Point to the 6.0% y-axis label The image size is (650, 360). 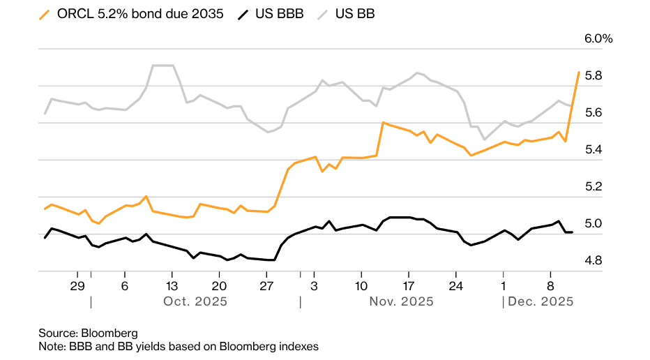coord(598,39)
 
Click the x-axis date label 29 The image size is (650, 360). coord(77,286)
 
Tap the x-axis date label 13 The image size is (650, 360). coord(172,286)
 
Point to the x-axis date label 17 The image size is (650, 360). coord(409,286)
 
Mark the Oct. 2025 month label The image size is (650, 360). coord(195,302)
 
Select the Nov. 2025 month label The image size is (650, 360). coord(402,302)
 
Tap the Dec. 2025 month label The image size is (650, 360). coord(541,302)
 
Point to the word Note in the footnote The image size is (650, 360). coord(51,346)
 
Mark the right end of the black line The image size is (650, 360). coord(572,232)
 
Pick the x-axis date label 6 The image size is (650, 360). coord(124,286)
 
